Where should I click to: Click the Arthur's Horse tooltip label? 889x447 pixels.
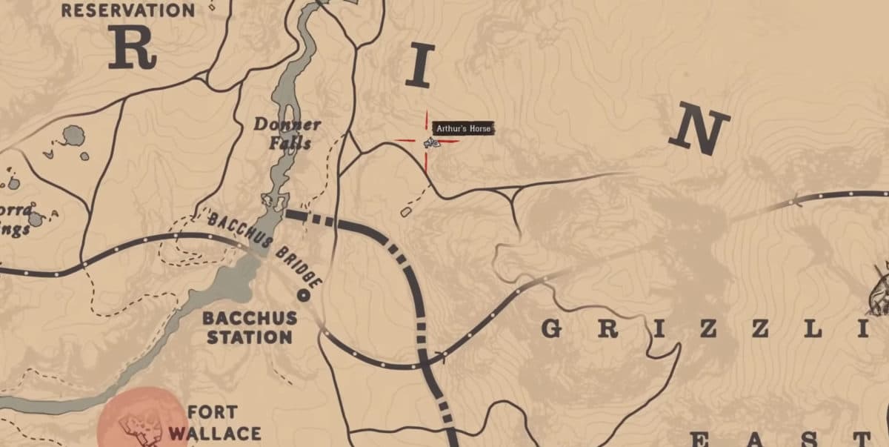tap(462, 129)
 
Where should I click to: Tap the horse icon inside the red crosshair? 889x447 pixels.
tap(430, 142)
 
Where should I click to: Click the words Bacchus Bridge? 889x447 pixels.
tap(266, 250)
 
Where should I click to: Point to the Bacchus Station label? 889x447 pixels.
tap(250, 328)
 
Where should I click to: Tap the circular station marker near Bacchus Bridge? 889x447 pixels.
tap(302, 295)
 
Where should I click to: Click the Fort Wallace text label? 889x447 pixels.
tap(213, 423)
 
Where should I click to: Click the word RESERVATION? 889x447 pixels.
tap(128, 10)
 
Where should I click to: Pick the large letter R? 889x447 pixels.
tap(132, 48)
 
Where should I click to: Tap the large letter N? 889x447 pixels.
tap(698, 131)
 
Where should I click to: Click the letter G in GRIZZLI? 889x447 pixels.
tap(551, 328)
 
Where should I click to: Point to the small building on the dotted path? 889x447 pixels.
tap(406, 212)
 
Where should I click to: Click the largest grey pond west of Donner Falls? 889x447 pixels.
tap(73, 136)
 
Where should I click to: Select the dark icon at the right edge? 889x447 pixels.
tap(880, 289)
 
